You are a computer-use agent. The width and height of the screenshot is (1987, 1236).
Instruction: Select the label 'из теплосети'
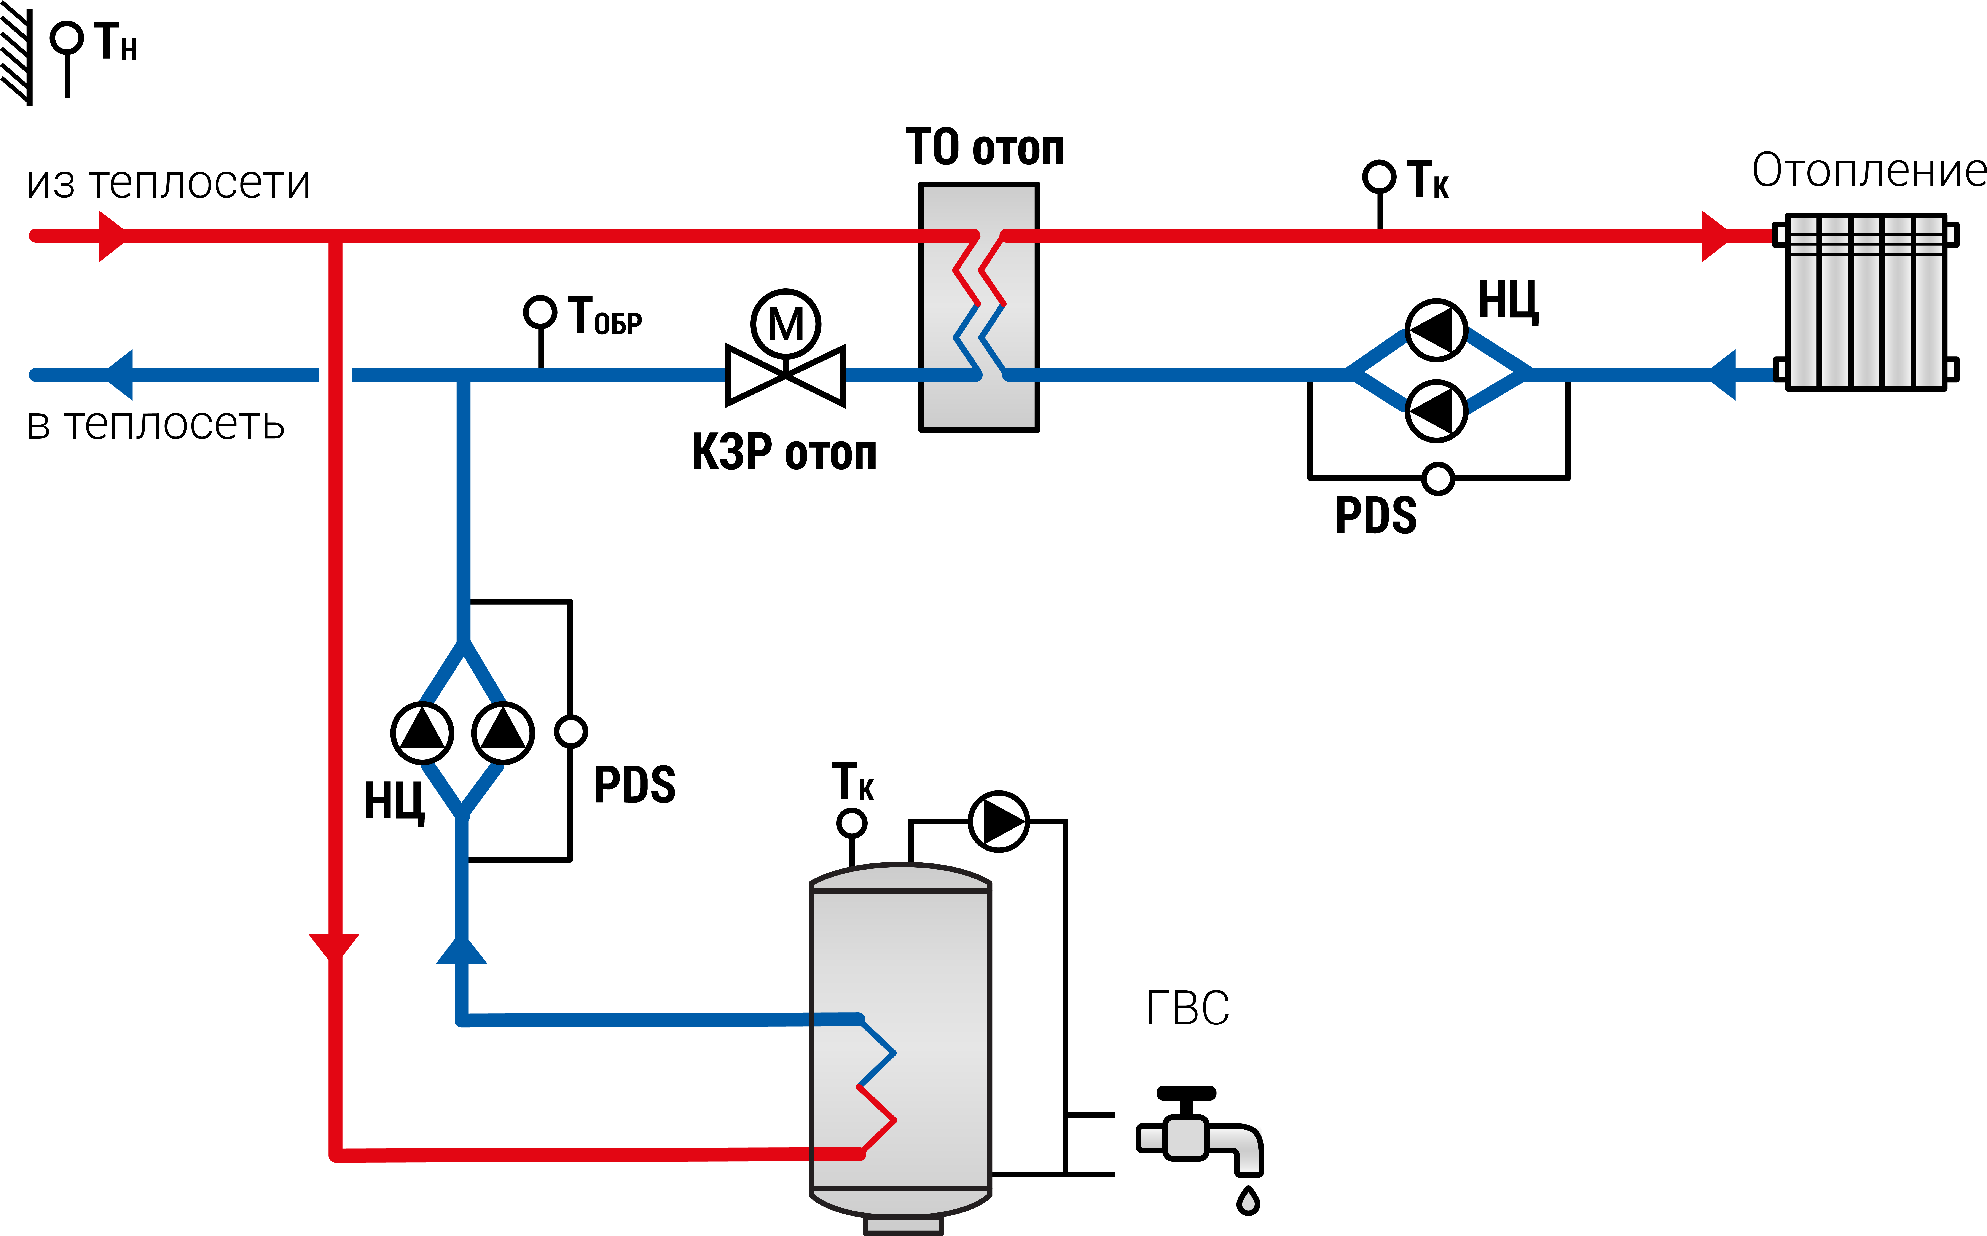coord(168,182)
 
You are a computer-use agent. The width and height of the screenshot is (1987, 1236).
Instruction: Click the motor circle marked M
coord(786,324)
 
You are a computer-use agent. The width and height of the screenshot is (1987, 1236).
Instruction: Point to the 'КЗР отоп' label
coord(784,452)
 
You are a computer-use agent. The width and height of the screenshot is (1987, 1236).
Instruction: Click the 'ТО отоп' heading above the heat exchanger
coord(985,147)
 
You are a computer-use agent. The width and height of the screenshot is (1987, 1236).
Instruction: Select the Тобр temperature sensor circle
coord(539,311)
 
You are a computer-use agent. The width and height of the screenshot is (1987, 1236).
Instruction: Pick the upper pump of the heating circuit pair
coord(1436,330)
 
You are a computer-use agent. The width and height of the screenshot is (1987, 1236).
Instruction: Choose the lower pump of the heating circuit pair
coord(1436,410)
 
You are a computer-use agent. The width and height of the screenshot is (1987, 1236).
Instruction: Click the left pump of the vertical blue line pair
coord(422,733)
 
